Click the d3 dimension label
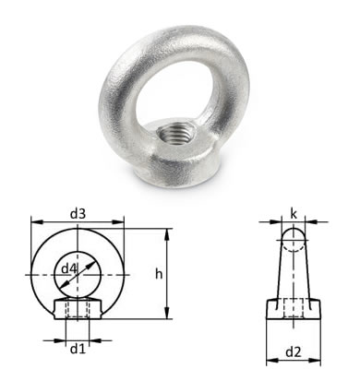[78, 214]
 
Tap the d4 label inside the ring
[68, 268]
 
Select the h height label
[159, 274]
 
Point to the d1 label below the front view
[78, 349]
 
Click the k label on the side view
[294, 214]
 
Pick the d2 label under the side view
[294, 351]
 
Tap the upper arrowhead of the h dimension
[167, 234]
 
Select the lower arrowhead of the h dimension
[167, 313]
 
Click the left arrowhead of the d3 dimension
[37, 222]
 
